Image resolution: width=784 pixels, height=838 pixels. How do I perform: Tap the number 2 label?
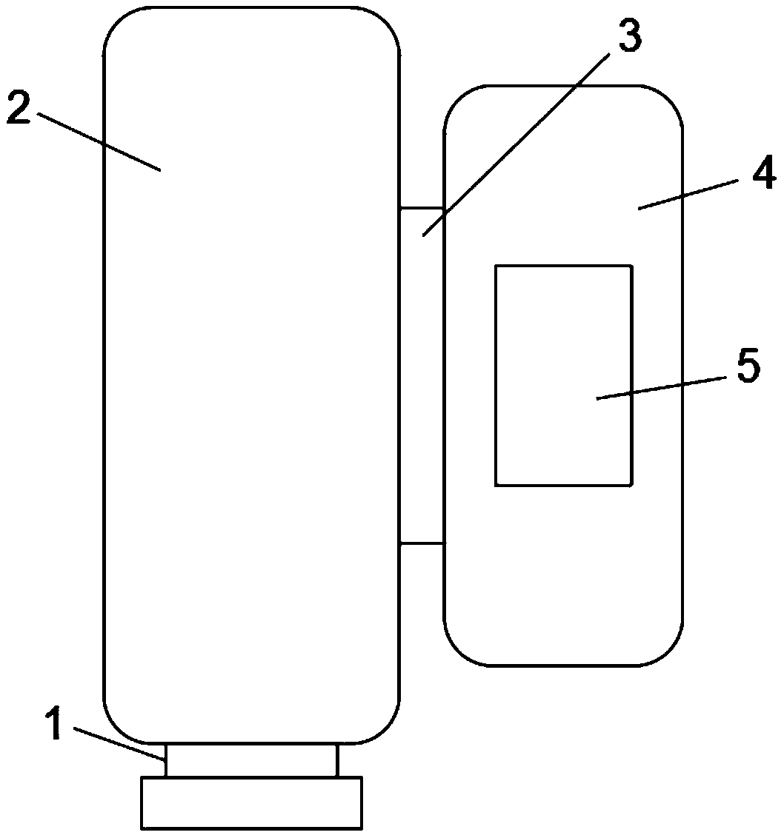(18, 108)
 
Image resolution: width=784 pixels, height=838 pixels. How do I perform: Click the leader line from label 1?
(119, 743)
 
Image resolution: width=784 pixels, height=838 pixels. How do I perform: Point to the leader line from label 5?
(660, 388)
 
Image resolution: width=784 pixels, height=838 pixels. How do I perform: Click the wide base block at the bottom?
(252, 802)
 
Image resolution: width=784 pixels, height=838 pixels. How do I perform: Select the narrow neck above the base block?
(252, 760)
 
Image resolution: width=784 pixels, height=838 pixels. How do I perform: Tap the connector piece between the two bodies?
(422, 376)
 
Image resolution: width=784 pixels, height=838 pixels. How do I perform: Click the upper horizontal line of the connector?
(421, 208)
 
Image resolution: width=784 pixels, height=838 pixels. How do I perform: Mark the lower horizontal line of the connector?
(422, 543)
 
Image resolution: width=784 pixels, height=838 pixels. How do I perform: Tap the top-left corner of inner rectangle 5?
(496, 266)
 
